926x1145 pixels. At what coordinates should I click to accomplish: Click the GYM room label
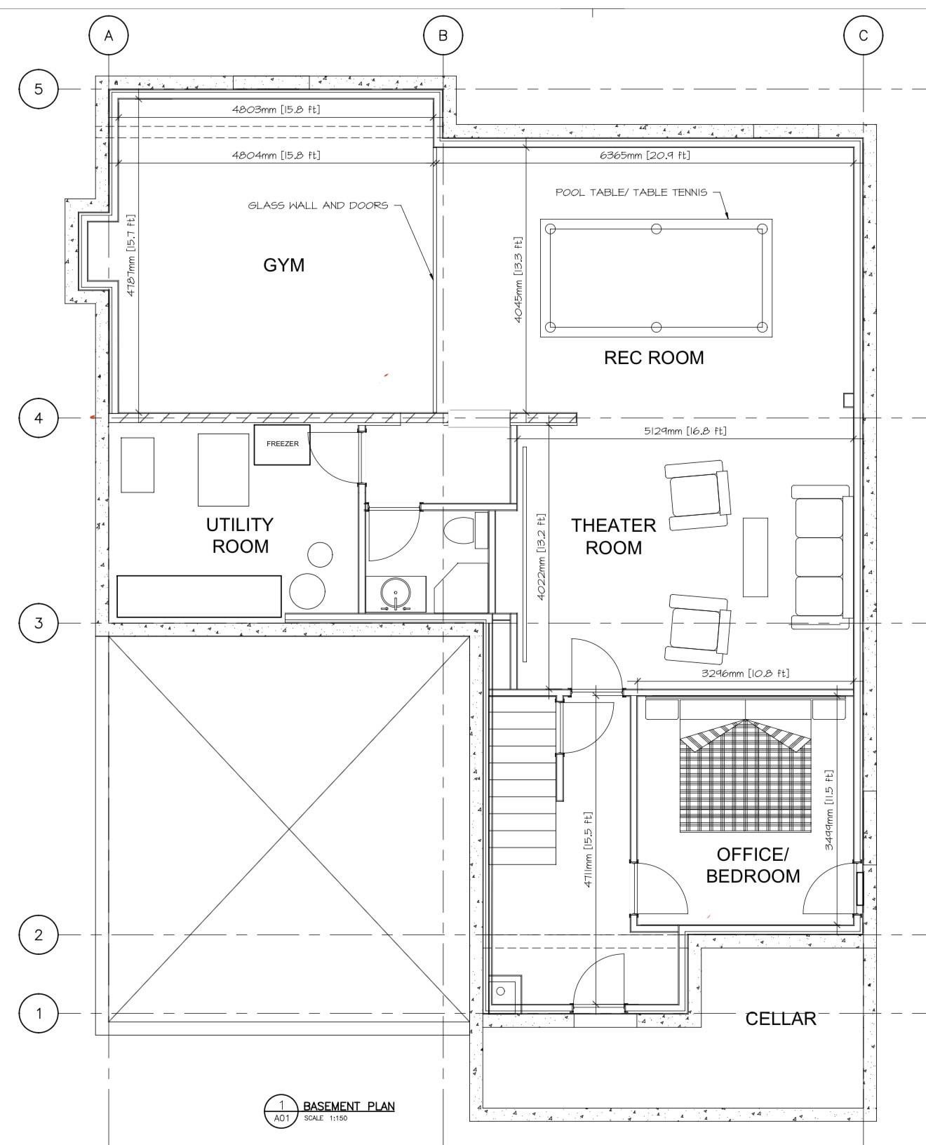[x=284, y=265]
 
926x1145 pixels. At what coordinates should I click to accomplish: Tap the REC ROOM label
[x=654, y=358]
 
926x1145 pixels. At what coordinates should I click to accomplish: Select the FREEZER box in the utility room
[x=282, y=444]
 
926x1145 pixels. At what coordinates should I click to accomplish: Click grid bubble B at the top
[x=443, y=35]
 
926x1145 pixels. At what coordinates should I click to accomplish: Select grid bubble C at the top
[x=863, y=35]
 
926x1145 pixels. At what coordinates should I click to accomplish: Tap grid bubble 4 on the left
[x=38, y=418]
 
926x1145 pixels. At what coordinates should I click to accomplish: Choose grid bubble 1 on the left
[x=38, y=1013]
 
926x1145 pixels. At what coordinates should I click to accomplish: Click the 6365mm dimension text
[x=645, y=155]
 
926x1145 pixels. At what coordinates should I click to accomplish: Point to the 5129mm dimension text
[x=685, y=431]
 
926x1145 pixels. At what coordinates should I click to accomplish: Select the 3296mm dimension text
[x=745, y=674]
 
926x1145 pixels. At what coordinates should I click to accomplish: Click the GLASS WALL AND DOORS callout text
[x=318, y=206]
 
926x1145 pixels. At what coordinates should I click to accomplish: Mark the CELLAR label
[x=781, y=1019]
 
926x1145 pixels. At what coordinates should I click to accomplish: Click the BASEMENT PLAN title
[x=349, y=1106]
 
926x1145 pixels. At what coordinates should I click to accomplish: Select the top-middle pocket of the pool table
[x=656, y=229]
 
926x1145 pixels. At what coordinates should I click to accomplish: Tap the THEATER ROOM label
[x=614, y=536]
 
